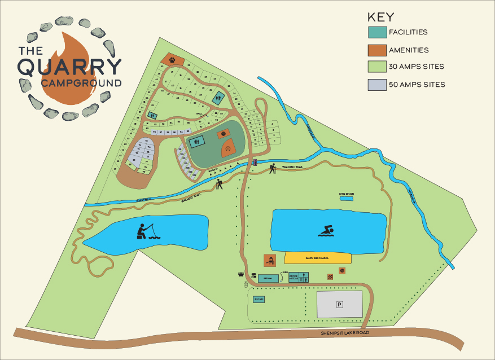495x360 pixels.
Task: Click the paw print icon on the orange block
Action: (x=172, y=58)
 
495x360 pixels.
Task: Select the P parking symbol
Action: (x=339, y=305)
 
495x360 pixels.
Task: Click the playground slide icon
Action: (x=270, y=260)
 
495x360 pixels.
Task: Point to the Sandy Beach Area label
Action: (x=317, y=258)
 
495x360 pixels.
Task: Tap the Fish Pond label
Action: (x=346, y=194)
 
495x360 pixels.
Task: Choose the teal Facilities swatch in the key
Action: (x=376, y=32)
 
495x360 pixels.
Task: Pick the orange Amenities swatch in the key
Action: (x=376, y=50)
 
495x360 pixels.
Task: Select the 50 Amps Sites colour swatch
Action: (x=376, y=85)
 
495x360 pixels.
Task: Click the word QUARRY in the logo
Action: (x=69, y=67)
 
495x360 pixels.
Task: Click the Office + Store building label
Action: (x=294, y=277)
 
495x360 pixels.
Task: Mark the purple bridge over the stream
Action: (x=255, y=162)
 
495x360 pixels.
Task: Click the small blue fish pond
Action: (x=346, y=199)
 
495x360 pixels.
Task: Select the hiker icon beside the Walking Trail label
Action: (x=273, y=168)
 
